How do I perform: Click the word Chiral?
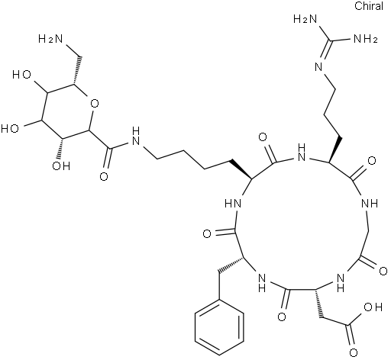[x=369, y=6]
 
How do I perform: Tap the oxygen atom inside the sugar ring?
[x=95, y=104]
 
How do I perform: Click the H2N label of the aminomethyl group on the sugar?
[x=50, y=39]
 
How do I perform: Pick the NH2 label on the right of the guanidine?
[x=365, y=39]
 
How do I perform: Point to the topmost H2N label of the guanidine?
[x=305, y=19]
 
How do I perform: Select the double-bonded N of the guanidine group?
[x=318, y=67]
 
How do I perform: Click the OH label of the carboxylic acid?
[x=373, y=307]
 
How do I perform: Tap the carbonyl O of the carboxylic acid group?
[x=354, y=352]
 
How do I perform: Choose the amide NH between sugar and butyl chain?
[x=136, y=137]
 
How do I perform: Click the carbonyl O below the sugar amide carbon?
[x=104, y=176]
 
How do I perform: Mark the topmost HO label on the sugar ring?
[x=22, y=75]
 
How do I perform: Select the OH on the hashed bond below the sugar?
[x=61, y=166]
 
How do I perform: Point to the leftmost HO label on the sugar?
[x=10, y=128]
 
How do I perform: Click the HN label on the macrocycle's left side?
[x=233, y=203]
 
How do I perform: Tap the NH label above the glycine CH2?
[x=370, y=203]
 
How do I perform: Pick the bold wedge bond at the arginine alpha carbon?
[x=334, y=149]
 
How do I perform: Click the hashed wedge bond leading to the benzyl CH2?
[x=230, y=266]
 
